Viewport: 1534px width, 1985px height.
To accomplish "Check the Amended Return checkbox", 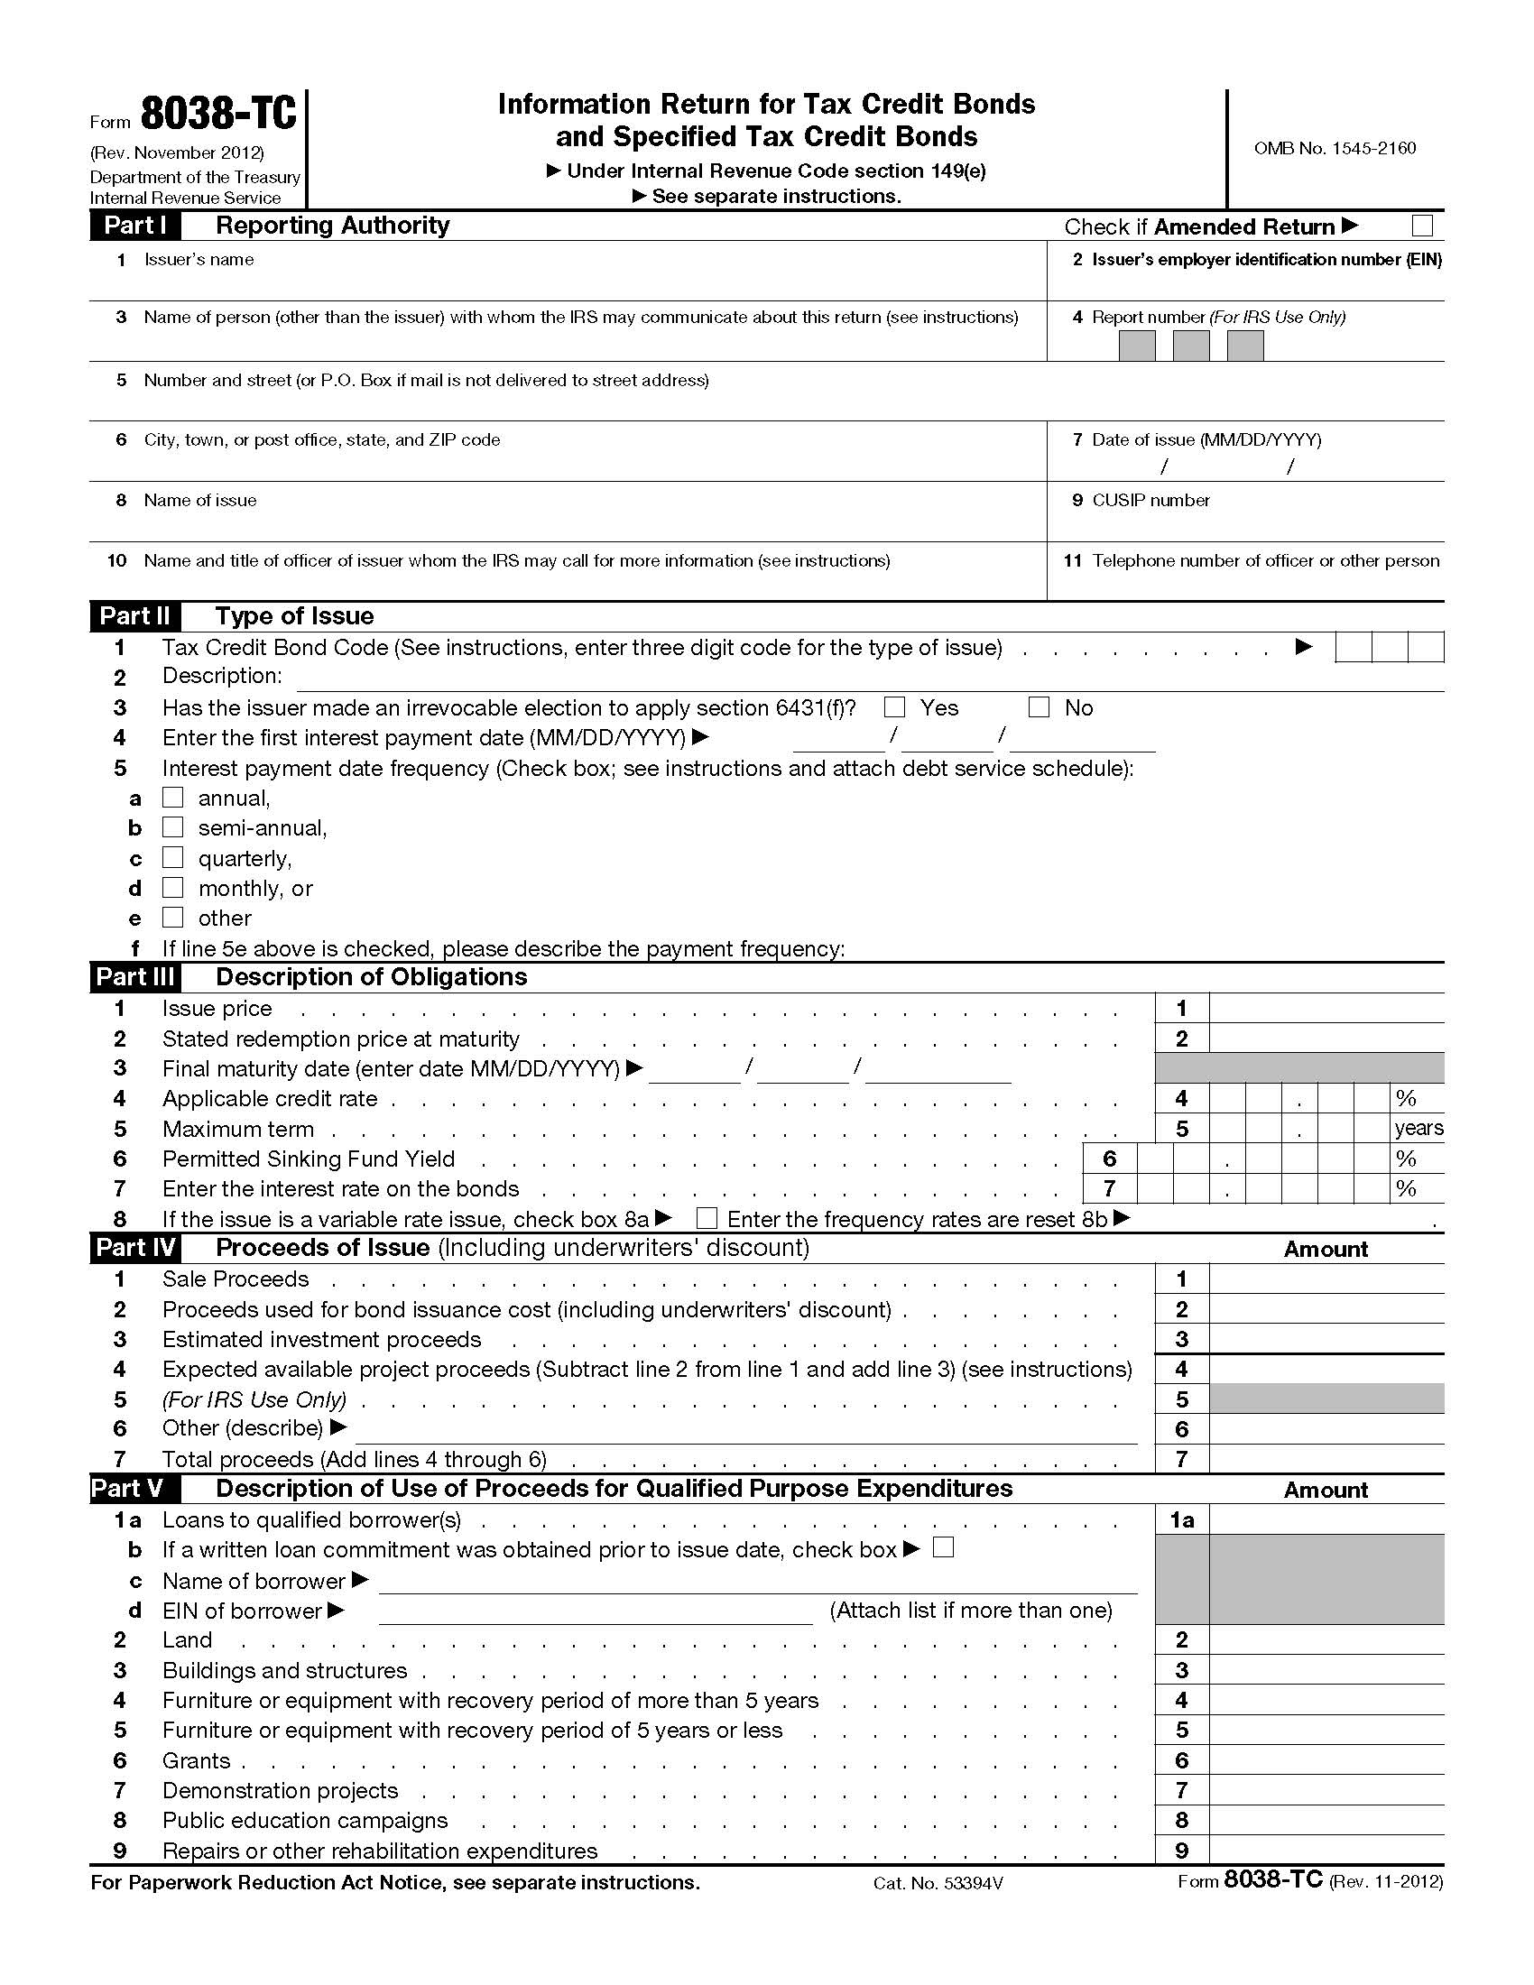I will point(1422,226).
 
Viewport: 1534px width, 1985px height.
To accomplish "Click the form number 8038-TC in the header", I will point(218,115).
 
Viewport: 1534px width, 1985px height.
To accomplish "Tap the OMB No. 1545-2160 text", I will point(1334,148).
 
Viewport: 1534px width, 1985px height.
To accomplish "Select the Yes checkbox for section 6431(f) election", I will point(895,707).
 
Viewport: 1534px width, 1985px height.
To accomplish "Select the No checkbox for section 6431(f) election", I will point(1039,707).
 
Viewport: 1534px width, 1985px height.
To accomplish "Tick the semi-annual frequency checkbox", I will point(172,827).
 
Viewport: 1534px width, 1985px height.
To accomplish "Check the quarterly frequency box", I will point(172,858).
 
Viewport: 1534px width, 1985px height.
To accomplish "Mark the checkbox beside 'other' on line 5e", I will point(172,917).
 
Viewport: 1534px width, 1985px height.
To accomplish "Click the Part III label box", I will point(135,977).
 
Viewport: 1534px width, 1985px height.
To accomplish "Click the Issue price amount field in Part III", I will point(1326,1008).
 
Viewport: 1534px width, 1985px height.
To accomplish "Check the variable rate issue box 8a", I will point(707,1218).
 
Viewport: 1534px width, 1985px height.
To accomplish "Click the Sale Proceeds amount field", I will point(1326,1279).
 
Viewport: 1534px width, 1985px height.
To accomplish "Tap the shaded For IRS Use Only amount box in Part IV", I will point(1326,1399).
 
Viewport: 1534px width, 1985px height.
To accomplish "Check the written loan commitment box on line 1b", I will point(943,1547).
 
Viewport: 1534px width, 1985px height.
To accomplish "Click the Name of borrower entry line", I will point(757,1582).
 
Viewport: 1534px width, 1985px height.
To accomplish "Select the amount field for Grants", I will point(1326,1760).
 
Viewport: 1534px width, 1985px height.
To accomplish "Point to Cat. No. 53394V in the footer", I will point(937,1883).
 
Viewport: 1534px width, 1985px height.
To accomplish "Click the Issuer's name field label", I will point(199,260).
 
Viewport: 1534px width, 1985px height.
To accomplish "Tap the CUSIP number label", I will point(1150,501).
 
